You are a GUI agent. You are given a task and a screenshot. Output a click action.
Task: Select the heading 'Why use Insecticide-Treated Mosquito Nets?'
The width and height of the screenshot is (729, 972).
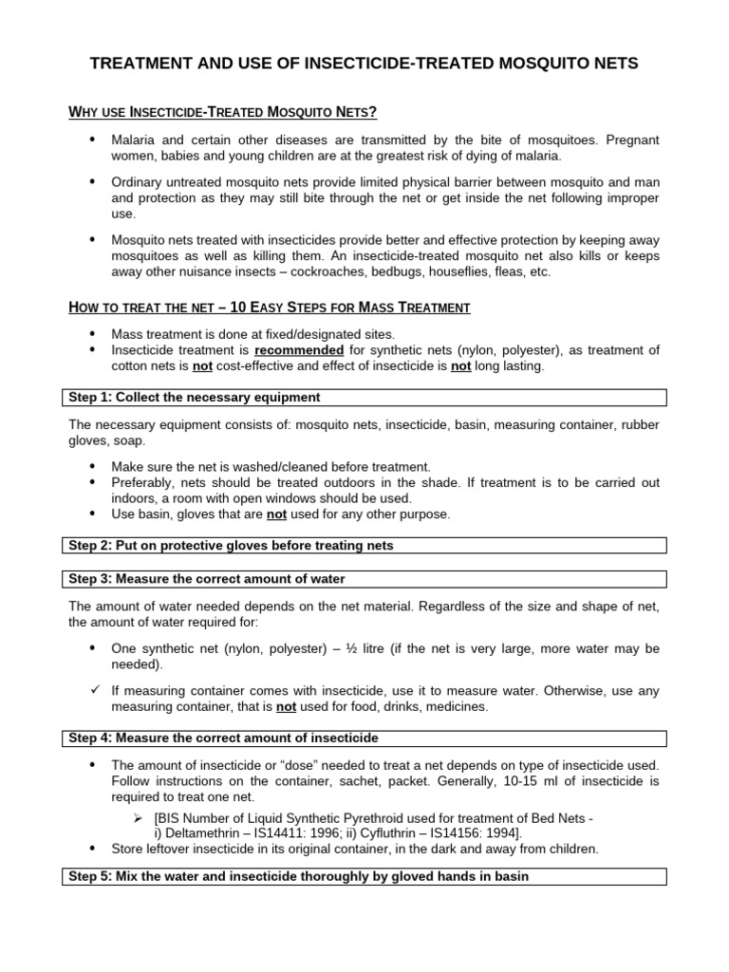tap(223, 113)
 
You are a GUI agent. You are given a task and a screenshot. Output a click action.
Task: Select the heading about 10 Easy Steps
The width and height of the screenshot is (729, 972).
tap(270, 308)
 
